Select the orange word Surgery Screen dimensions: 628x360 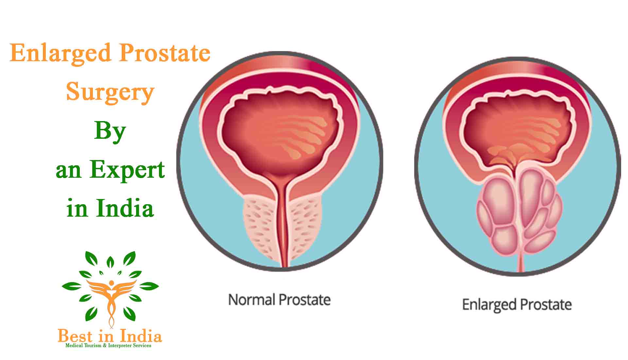click(x=110, y=92)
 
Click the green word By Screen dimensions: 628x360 click(x=110, y=132)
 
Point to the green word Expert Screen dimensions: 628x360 click(x=127, y=170)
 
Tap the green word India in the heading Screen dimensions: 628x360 click(x=125, y=208)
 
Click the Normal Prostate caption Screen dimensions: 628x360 click(x=279, y=300)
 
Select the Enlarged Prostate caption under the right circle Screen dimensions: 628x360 click(x=517, y=305)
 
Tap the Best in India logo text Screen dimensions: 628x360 click(x=110, y=336)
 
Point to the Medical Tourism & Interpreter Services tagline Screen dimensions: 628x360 click(x=108, y=346)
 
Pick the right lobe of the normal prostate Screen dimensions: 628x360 click(x=306, y=226)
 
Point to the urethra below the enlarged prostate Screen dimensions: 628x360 click(x=520, y=263)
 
